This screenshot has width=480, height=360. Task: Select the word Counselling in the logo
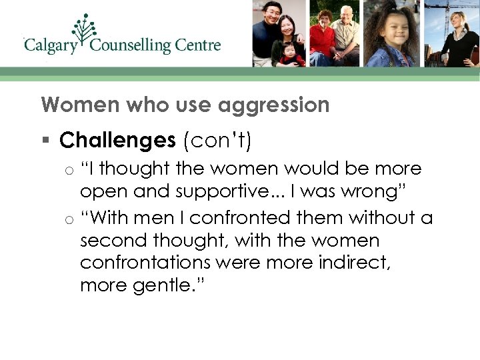130,45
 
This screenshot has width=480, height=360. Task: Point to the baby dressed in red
291,53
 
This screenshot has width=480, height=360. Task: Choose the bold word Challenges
117,140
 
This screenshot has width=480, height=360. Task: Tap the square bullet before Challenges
45,141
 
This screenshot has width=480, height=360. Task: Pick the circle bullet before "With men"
69,219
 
